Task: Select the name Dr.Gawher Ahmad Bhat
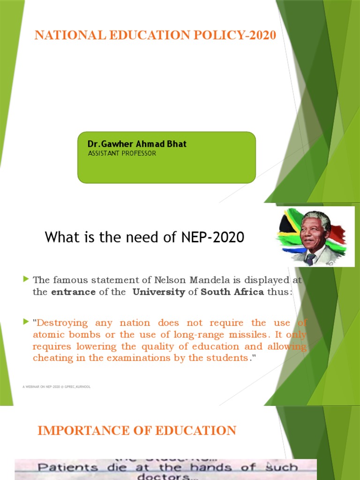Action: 137,144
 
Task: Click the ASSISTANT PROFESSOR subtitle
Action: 122,153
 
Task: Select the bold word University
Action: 158,292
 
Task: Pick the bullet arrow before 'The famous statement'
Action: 26,279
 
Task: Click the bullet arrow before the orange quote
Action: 26,322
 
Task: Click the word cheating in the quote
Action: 52,358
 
